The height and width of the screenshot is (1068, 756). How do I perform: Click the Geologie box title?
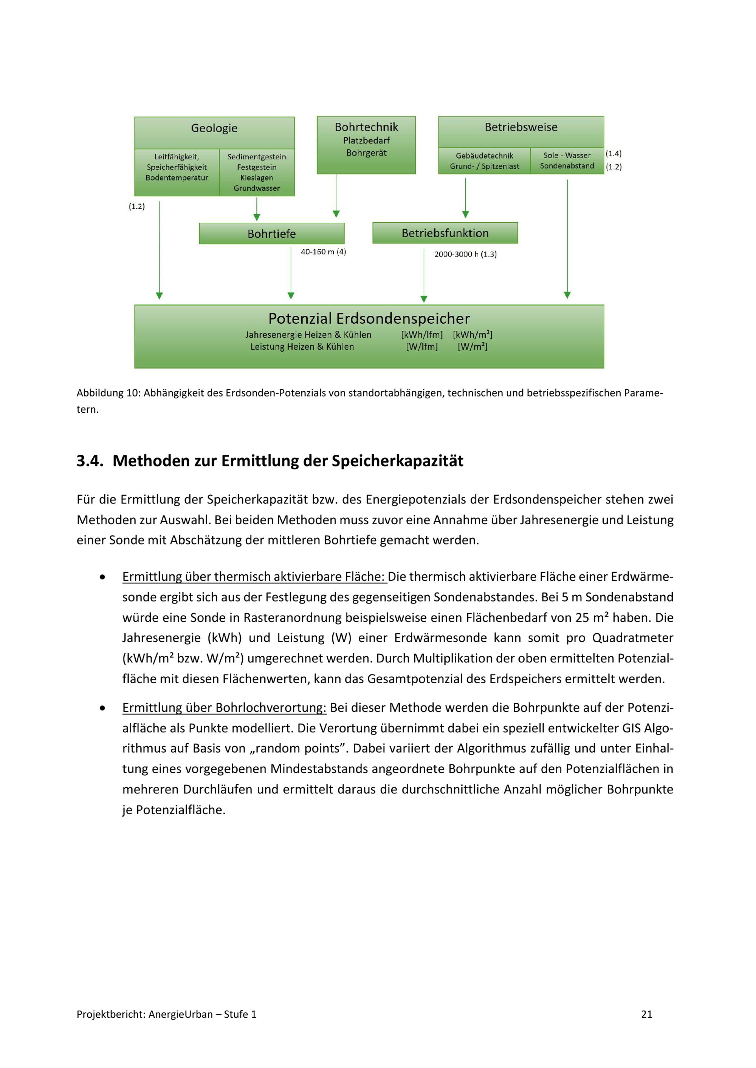214,128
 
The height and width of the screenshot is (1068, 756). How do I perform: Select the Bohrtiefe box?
271,233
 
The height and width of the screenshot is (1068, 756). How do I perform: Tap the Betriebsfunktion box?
445,233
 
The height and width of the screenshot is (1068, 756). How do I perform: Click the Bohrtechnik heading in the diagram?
366,127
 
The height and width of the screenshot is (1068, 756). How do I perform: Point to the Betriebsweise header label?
521,127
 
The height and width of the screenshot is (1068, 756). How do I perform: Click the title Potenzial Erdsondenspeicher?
369,319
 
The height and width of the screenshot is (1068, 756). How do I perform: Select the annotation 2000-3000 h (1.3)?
465,255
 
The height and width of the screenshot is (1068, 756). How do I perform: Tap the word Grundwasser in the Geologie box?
257,188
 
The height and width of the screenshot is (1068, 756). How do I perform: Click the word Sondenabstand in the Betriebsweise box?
567,166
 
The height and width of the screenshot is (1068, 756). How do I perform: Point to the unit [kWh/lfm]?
422,335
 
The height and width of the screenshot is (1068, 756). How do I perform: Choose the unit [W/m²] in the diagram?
472,347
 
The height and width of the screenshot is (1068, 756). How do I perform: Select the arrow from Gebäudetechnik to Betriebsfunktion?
466,198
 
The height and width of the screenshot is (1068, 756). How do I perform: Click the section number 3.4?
90,461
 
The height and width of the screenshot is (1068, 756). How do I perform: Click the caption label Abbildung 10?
108,393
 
